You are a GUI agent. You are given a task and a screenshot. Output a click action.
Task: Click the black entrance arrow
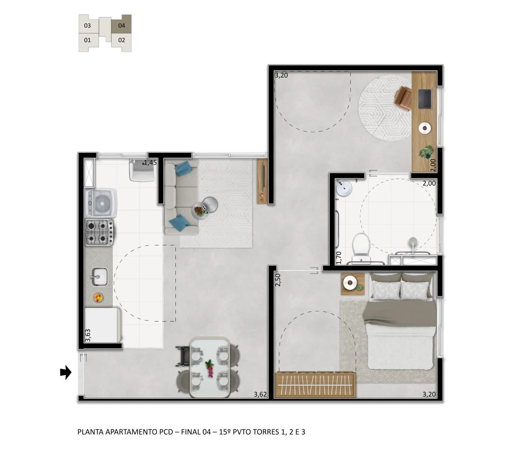point(66,372)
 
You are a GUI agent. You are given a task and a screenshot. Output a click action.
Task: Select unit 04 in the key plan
point(122,26)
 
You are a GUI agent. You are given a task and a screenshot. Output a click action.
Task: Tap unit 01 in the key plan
point(88,40)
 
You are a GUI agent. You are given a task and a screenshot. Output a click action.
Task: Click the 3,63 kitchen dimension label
point(88,335)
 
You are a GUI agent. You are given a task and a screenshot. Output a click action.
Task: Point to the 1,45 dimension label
point(150,163)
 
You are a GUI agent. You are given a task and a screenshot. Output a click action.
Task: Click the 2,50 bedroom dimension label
point(278,280)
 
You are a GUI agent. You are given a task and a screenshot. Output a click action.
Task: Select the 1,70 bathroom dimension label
point(339,258)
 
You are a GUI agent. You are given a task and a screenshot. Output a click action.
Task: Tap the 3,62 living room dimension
point(260,394)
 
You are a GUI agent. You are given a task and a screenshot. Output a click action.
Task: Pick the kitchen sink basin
point(99,277)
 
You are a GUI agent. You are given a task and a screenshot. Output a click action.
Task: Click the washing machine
point(101,203)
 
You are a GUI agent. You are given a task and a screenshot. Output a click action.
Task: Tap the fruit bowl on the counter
point(98,297)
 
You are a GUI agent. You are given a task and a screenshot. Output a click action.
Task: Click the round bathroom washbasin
point(344,188)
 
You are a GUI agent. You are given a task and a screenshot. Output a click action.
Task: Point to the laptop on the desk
point(425,99)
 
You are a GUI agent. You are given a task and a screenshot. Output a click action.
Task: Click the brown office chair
point(403,99)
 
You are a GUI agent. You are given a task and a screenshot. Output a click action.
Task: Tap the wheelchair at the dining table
point(183,356)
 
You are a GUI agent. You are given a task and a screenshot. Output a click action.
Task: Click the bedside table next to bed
point(353,284)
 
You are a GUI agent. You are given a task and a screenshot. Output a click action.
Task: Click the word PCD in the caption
point(166,432)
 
